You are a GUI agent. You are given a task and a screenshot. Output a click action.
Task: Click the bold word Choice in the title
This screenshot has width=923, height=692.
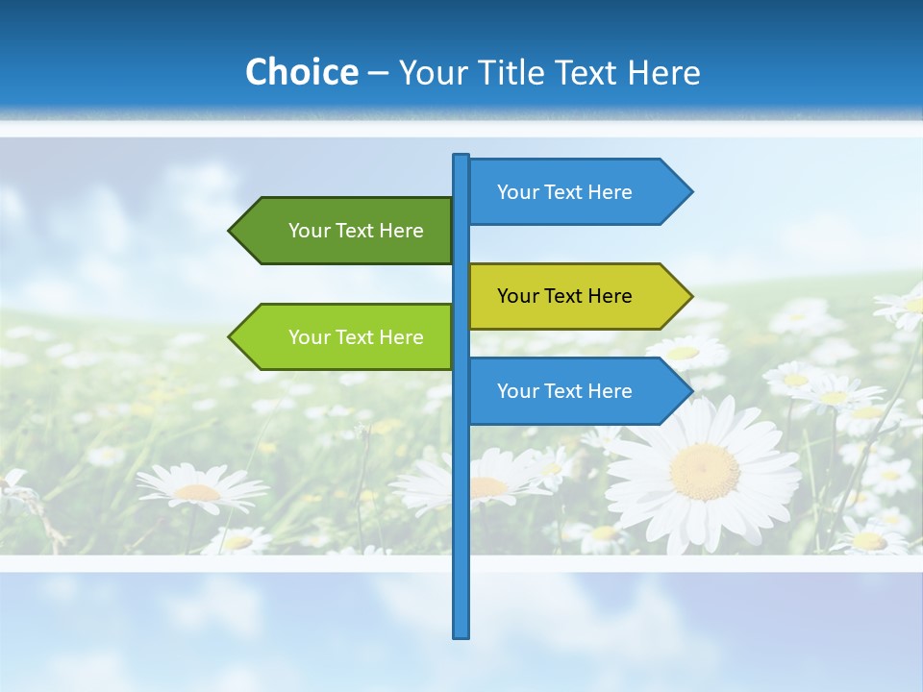coord(301,72)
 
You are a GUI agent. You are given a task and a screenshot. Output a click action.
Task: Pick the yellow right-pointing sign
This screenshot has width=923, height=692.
coord(572,296)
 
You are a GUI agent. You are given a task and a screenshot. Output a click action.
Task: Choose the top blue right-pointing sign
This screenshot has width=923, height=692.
coord(572,192)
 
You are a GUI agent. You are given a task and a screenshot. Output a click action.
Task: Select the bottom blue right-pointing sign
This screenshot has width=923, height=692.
coord(572,391)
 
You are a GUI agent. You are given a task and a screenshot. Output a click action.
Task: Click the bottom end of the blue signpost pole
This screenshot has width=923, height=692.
coord(461,634)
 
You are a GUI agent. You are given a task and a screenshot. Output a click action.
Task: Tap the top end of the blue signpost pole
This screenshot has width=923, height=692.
coord(461,157)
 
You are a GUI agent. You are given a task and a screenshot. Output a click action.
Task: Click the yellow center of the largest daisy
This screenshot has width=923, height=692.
coord(705,471)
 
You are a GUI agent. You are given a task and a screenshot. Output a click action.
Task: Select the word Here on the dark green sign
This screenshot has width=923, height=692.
coord(401,231)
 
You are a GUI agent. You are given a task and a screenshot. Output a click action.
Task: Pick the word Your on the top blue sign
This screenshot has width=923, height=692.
coord(518,192)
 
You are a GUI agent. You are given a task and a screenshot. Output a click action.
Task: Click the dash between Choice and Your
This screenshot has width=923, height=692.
coord(378,72)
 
